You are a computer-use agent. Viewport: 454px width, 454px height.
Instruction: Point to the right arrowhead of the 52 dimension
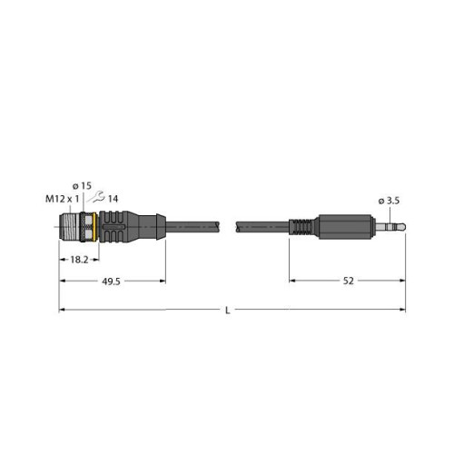402,282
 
